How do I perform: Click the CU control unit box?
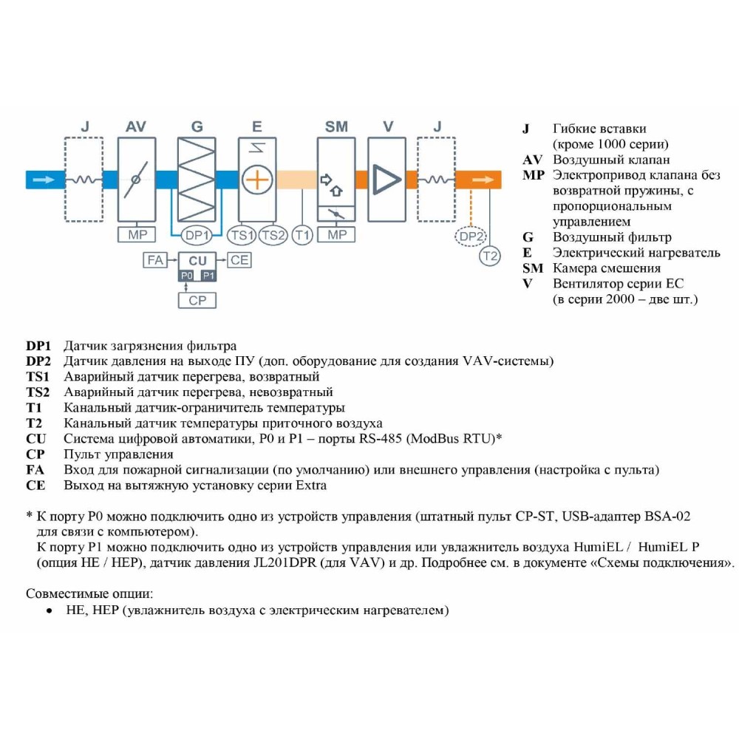tap(197, 261)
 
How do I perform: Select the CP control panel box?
tap(197, 300)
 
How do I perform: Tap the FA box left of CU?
tap(155, 260)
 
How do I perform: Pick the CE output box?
tap(239, 260)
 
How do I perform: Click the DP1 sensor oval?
tap(197, 236)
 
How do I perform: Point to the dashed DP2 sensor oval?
tap(471, 236)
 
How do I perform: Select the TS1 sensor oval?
tap(242, 236)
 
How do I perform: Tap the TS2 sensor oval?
tap(273, 236)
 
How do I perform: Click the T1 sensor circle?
tap(302, 236)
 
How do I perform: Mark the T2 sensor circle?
tap(490, 256)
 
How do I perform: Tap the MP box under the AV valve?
tap(137, 235)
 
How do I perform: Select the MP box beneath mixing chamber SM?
tap(336, 235)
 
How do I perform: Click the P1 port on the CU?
tap(208, 275)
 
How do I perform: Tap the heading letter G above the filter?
tap(197, 127)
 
